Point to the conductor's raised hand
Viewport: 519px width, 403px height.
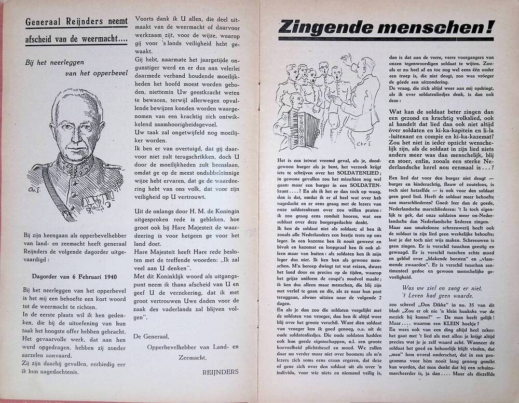345,58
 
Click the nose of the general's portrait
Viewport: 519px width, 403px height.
76,131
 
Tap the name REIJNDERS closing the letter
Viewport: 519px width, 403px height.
221,371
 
